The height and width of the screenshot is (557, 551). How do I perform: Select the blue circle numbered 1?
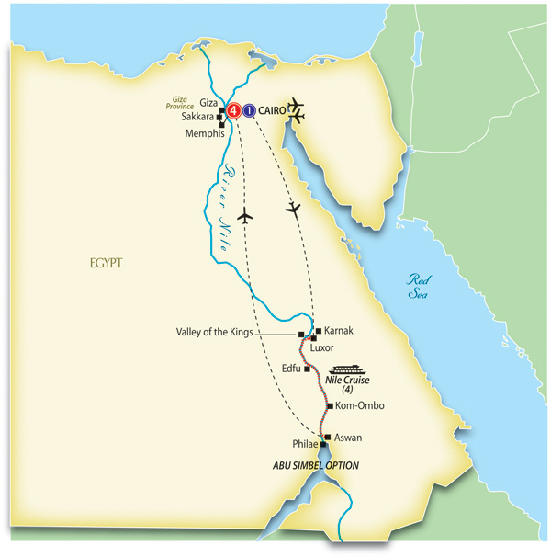tap(248, 111)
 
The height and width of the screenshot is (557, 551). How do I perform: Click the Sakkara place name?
tap(198, 118)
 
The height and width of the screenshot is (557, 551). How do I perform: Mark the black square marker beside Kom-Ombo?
tap(330, 405)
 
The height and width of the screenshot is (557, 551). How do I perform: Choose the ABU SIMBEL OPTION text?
tap(315, 466)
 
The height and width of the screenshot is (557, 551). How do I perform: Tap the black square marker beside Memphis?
tap(221, 124)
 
